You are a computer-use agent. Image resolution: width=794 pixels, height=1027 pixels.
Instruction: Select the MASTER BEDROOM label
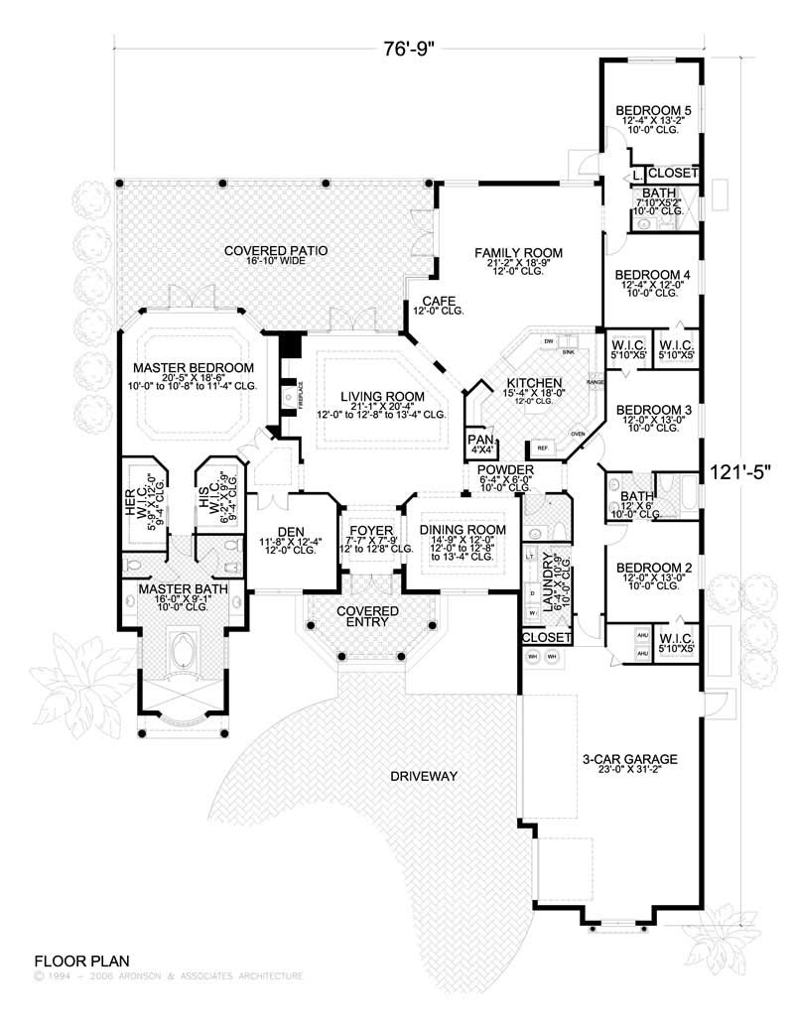(195, 367)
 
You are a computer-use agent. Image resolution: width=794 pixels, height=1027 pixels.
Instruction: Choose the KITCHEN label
(535, 382)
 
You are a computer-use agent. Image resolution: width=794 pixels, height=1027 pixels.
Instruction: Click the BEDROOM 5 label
(653, 110)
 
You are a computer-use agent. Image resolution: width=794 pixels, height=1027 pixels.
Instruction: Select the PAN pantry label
(480, 438)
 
